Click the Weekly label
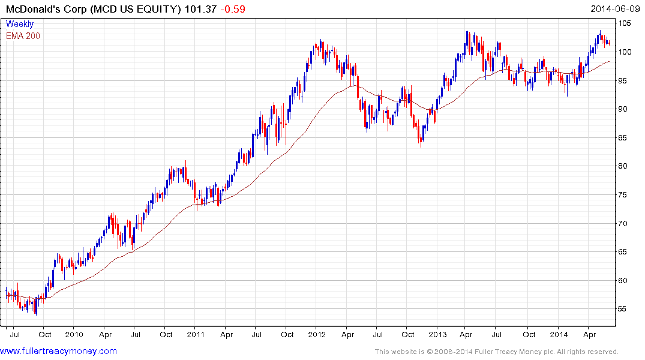click(x=20, y=25)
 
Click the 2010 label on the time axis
click(x=74, y=334)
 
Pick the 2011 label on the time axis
click(x=196, y=334)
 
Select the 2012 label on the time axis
click(x=318, y=334)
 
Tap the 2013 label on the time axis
click(x=438, y=334)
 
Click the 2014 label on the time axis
click(x=559, y=334)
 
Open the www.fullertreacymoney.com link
click(x=59, y=351)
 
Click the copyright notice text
click(x=496, y=352)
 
